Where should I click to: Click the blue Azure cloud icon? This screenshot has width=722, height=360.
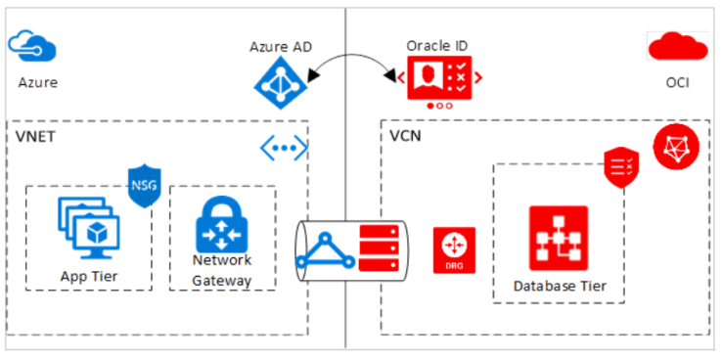(32, 45)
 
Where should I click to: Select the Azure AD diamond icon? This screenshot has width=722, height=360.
(282, 84)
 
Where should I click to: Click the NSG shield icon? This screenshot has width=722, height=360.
(144, 187)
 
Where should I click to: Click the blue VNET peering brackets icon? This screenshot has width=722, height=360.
(284, 148)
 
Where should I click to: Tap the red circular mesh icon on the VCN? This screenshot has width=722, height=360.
(675, 147)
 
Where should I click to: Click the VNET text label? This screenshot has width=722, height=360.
(36, 136)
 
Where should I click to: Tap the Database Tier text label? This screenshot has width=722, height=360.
(559, 286)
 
